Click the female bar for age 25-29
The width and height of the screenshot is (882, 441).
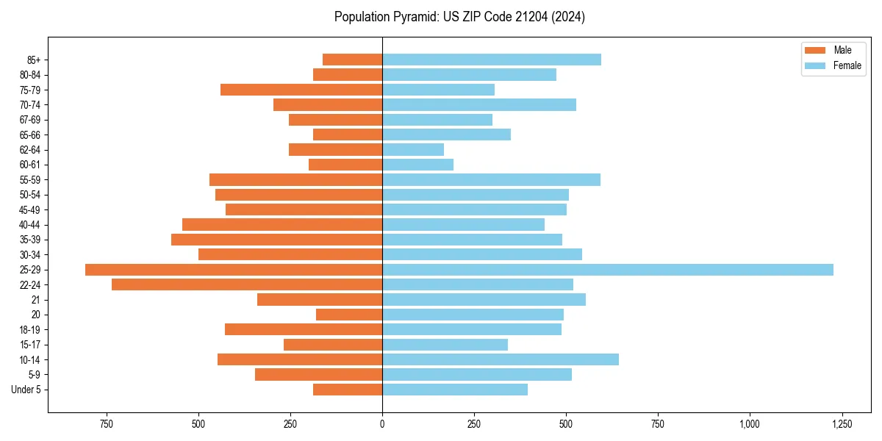pyautogui.click(x=608, y=270)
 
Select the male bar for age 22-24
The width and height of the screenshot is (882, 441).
pyautogui.click(x=247, y=284)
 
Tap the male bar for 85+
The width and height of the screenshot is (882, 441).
pyautogui.click(x=353, y=60)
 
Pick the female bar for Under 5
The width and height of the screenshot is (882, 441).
pyautogui.click(x=455, y=390)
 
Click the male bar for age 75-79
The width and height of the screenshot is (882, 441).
pyautogui.click(x=301, y=90)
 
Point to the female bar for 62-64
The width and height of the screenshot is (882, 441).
pyautogui.click(x=413, y=150)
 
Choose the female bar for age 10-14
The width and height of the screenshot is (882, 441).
pyautogui.click(x=501, y=359)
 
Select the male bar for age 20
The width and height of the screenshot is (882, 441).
pyautogui.click(x=349, y=315)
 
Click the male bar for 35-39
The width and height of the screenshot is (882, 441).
pyautogui.click(x=277, y=240)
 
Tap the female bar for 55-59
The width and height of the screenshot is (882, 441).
pyautogui.click(x=491, y=180)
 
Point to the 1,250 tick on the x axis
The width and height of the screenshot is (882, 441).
pyautogui.click(x=842, y=424)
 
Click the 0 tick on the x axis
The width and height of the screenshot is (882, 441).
pyautogui.click(x=382, y=424)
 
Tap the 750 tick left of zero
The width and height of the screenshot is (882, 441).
pyautogui.click(x=107, y=424)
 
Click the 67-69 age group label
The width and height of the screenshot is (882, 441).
pyautogui.click(x=30, y=120)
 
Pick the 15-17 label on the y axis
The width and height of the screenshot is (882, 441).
pyautogui.click(x=30, y=345)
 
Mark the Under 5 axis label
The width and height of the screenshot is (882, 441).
pyautogui.click(x=26, y=390)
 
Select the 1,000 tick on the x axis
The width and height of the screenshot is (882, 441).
pyautogui.click(x=750, y=424)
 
